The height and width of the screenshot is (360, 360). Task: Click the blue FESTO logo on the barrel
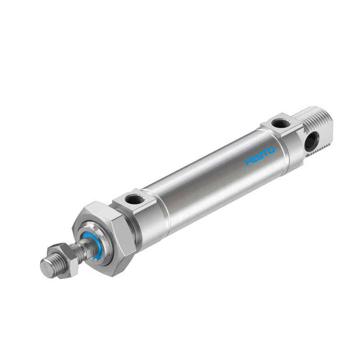coord(260,156)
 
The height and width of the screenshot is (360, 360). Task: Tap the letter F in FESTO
coord(247,162)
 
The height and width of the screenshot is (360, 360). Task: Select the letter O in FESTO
coord(271,150)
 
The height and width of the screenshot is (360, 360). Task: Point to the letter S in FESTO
coord(260,156)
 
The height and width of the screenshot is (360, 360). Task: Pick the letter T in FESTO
coord(265,153)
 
